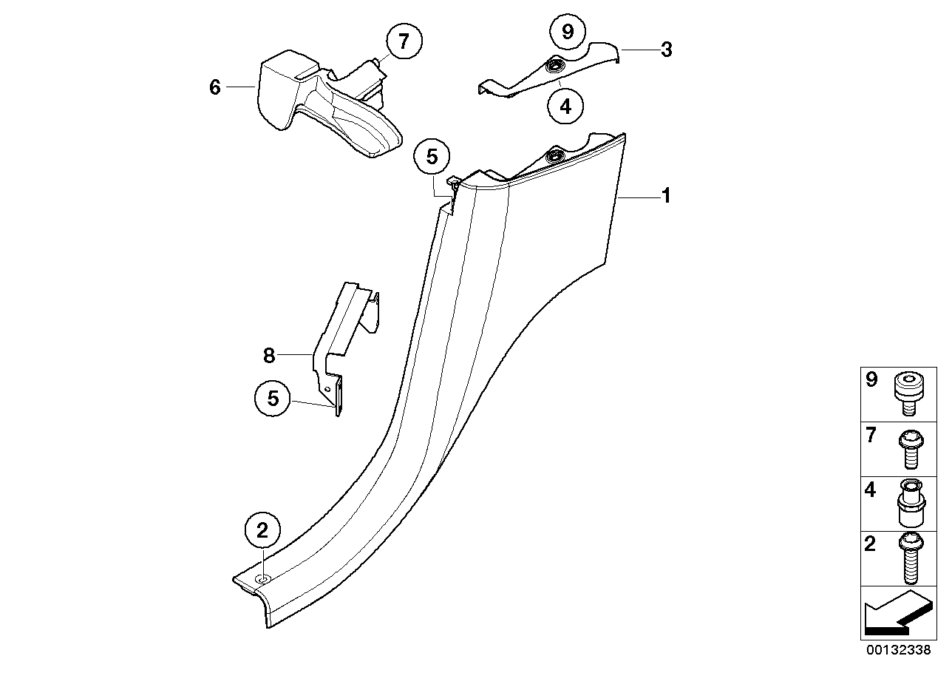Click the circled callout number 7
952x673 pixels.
pyautogui.click(x=403, y=41)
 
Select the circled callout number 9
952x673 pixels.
pyautogui.click(x=568, y=31)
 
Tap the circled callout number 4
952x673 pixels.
pyautogui.click(x=565, y=106)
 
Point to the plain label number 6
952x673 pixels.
pyautogui.click(x=215, y=87)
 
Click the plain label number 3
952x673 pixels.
pyautogui.click(x=666, y=50)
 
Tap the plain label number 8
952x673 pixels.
pyautogui.click(x=269, y=356)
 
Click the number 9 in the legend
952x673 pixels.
pyautogui.click(x=871, y=380)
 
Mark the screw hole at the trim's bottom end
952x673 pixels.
pyautogui.click(x=261, y=578)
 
